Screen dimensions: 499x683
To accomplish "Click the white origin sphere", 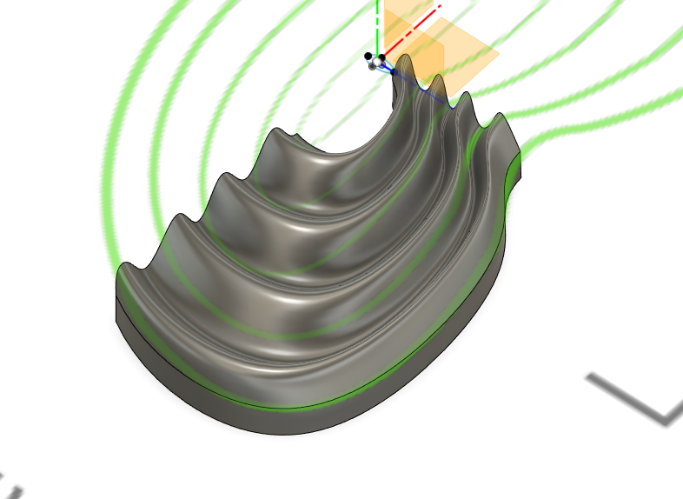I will (375, 62).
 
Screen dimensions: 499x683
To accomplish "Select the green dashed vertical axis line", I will (377, 26).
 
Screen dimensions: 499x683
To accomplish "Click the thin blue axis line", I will (417, 82).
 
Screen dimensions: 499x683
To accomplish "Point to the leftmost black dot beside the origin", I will (368, 56).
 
